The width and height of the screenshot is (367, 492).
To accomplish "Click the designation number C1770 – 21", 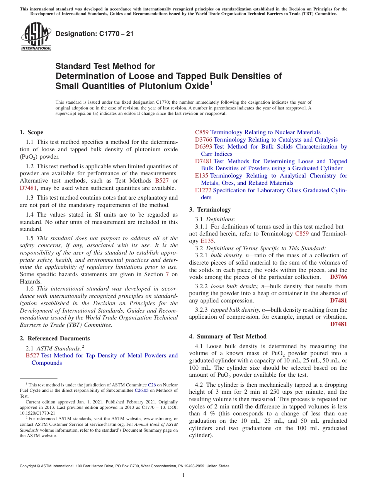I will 94,34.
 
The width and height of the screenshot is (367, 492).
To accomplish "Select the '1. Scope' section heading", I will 32,132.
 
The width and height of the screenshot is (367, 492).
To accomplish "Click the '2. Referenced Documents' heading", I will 54,338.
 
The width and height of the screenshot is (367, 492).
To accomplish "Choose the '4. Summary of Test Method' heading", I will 228,337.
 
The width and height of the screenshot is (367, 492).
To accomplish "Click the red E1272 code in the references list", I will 203,190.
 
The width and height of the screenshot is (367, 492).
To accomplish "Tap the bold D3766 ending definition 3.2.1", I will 338,277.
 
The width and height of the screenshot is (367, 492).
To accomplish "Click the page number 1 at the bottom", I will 183,475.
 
